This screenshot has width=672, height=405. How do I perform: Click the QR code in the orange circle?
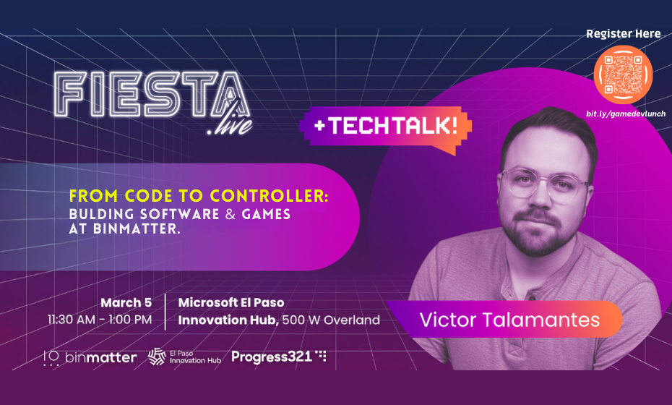pos(623,75)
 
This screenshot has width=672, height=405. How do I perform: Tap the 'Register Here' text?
pos(623,33)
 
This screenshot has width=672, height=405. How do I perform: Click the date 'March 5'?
pos(126,302)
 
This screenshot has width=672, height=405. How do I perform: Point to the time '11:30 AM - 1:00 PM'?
pos(100,319)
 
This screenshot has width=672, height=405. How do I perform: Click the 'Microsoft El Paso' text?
pos(231,302)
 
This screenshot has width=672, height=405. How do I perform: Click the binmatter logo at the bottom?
pos(90,357)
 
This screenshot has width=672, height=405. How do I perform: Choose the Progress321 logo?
pos(279,356)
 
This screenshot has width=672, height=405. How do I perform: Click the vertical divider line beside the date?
pos(165,311)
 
